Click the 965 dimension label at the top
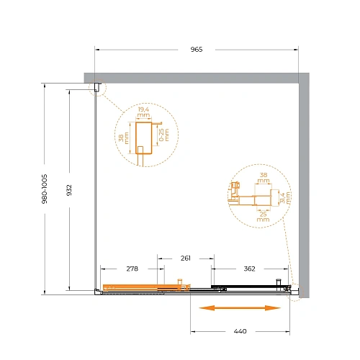click(x=197, y=50)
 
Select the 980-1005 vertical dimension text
click(x=45, y=189)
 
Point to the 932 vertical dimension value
click(x=69, y=190)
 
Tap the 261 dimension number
click(x=186, y=258)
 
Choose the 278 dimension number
click(x=132, y=269)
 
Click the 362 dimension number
click(x=249, y=269)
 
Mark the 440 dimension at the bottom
click(x=240, y=331)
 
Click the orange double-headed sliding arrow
click(x=240, y=308)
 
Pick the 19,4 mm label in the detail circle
click(x=143, y=112)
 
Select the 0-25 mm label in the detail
click(x=164, y=135)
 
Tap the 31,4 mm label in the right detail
click(x=285, y=197)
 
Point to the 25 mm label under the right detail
click(x=263, y=217)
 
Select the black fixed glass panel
click(x=251, y=287)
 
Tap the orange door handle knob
click(x=180, y=282)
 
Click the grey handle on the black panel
click(x=279, y=282)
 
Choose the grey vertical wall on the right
click(x=304, y=185)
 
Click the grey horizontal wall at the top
click(x=197, y=78)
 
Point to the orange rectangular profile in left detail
click(x=144, y=138)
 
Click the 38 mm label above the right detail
click(x=264, y=178)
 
